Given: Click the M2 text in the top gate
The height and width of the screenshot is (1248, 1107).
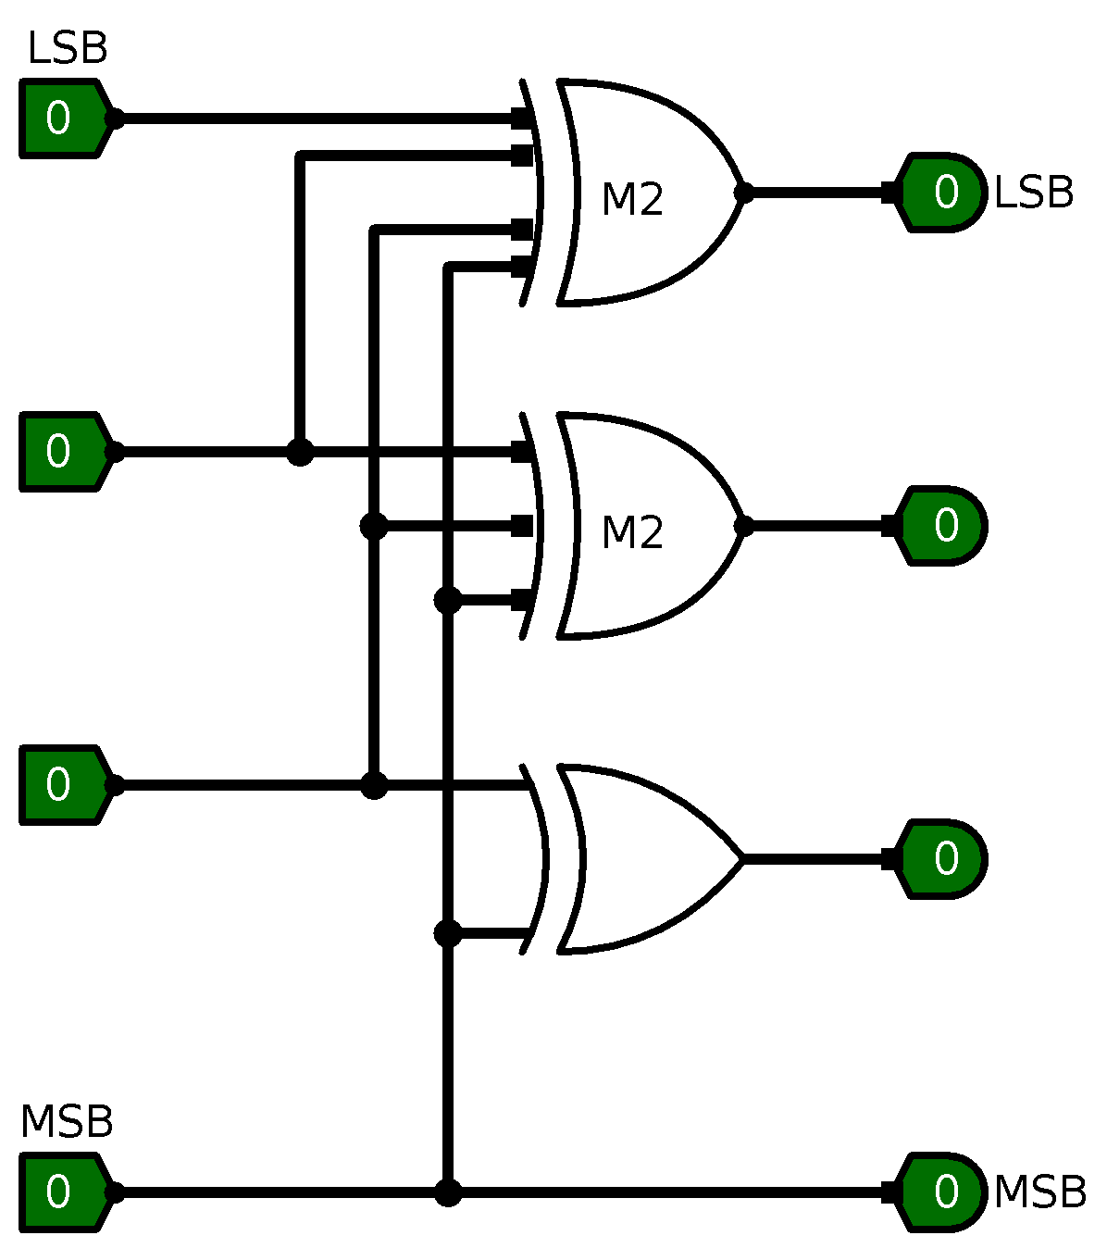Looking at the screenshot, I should point(632,200).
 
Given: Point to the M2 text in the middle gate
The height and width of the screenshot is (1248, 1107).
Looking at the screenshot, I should point(632,533).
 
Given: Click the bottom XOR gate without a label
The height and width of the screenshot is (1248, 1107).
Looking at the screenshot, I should point(639,859).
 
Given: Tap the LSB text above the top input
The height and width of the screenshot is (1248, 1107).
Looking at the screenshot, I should point(68,49).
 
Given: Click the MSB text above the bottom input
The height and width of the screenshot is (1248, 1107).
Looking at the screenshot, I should point(67,1122).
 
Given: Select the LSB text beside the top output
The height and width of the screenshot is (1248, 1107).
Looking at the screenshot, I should point(1033,193).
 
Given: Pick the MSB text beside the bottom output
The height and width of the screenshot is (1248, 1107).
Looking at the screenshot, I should point(1039,1192).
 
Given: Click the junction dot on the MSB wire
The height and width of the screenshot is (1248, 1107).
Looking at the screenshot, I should point(448,1192).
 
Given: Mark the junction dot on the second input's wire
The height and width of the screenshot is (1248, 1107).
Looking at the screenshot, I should point(300,452).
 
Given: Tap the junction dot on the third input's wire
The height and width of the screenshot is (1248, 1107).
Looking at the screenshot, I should point(374,785).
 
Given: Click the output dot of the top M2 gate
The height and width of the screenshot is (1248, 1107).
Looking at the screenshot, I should point(743,193).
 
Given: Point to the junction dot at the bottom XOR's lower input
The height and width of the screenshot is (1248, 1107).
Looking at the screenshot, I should point(448,933).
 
